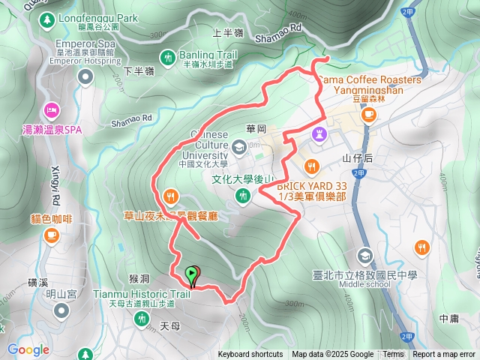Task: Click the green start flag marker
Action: click(x=192, y=275)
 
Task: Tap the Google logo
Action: click(x=28, y=349)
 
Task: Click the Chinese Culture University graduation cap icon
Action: click(x=238, y=146)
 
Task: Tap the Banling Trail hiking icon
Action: click(x=167, y=56)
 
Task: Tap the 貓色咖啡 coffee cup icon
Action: click(x=51, y=235)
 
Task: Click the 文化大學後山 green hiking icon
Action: click(x=242, y=196)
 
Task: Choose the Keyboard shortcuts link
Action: click(x=250, y=355)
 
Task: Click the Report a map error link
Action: click(x=444, y=355)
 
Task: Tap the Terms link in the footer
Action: click(x=393, y=355)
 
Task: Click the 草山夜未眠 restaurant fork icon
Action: click(x=172, y=196)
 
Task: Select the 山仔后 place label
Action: click(x=356, y=158)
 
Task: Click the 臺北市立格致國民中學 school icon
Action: click(x=364, y=256)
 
